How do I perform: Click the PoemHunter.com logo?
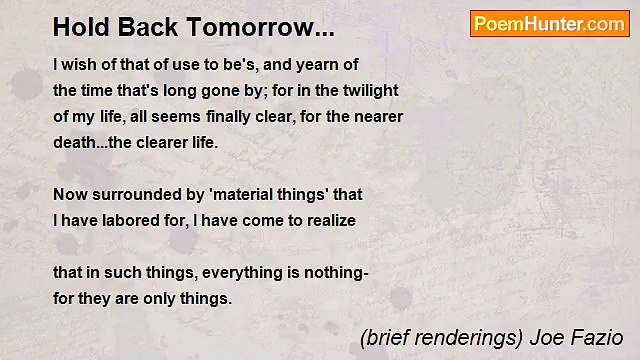[x=549, y=24]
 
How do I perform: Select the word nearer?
[x=374, y=116]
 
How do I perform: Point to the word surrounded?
[x=132, y=194]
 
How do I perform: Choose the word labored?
[x=132, y=220]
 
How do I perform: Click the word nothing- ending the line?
[x=339, y=272]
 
